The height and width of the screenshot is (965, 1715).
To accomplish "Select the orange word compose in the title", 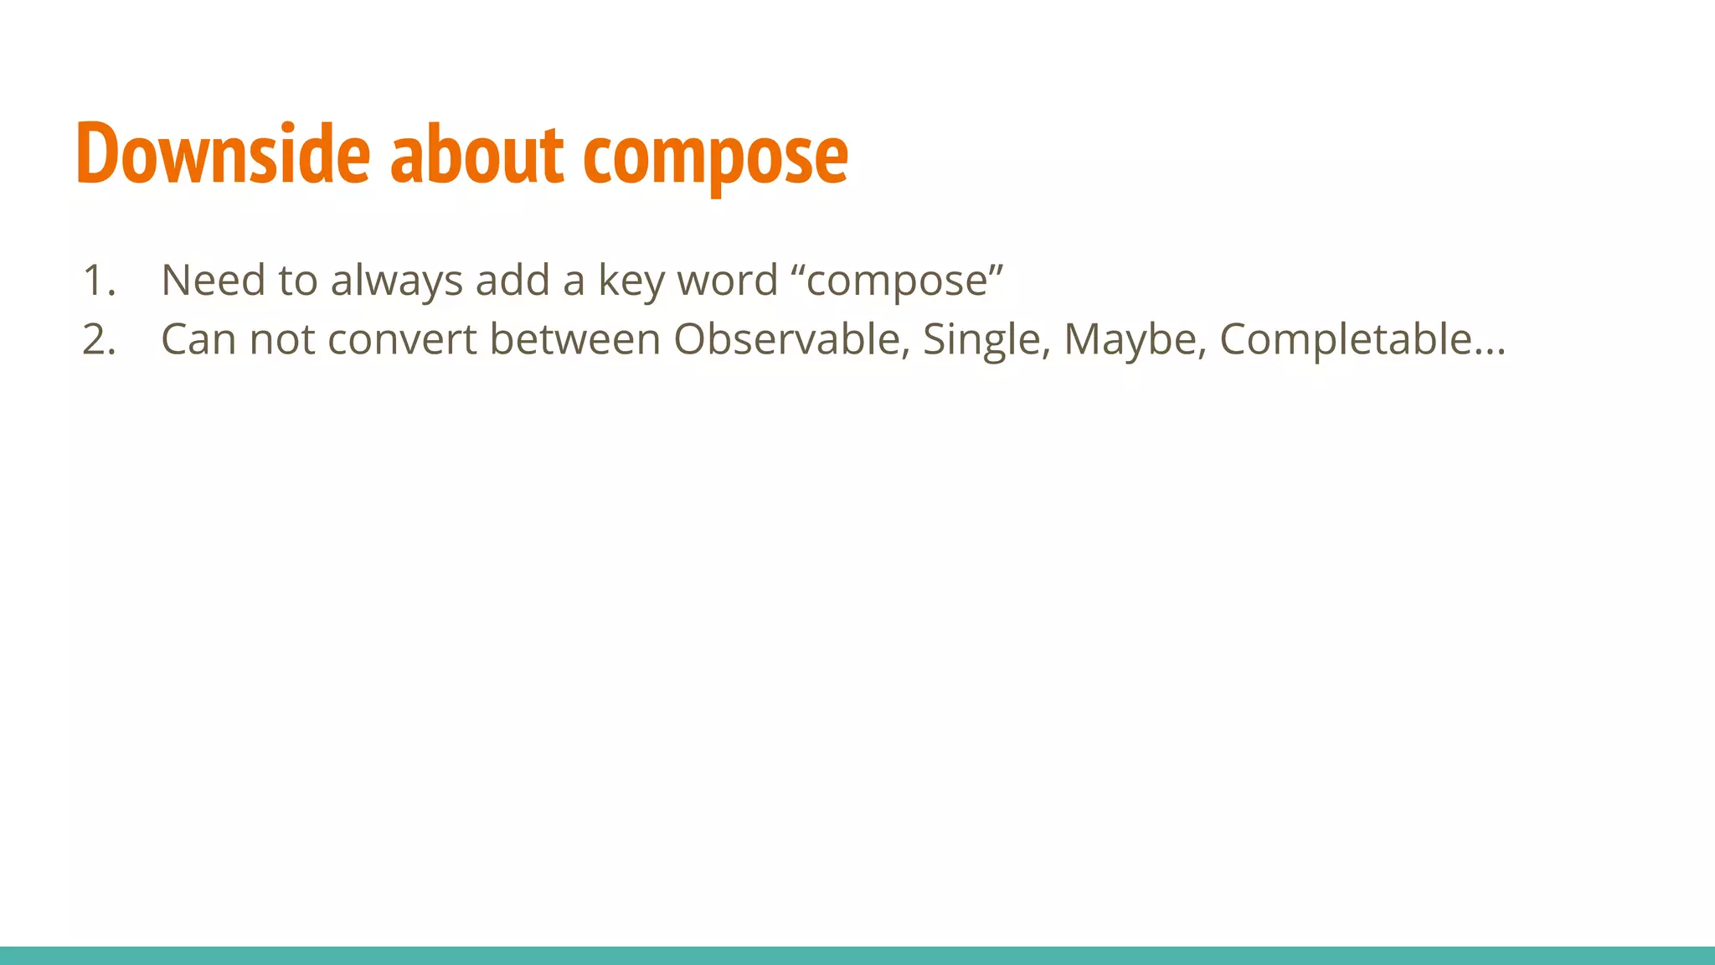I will [715, 157].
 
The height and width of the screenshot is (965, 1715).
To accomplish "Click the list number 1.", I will [98, 281].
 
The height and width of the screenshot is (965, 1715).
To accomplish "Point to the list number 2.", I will [99, 340].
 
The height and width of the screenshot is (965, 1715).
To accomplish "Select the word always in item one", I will [396, 281].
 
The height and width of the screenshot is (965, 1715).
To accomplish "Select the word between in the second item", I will [574, 339].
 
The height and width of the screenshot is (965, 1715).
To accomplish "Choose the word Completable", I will [1345, 341].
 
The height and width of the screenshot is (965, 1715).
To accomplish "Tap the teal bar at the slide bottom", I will [857, 955].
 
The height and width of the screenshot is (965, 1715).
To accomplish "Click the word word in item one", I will [727, 281].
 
